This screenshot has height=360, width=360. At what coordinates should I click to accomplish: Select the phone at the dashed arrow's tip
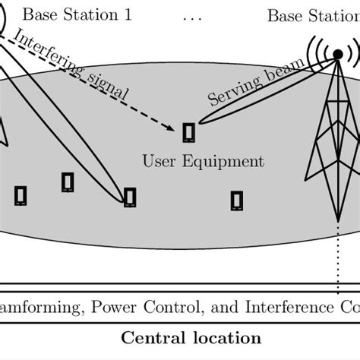[x=188, y=133]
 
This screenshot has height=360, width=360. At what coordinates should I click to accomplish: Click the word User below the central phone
[x=158, y=162]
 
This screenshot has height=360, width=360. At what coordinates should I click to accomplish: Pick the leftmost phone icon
[x=21, y=195]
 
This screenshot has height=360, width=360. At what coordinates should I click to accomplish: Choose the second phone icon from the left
[x=68, y=182]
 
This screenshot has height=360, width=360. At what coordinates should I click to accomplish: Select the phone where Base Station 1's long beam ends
[x=130, y=197]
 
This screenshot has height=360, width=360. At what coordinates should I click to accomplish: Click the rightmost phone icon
[x=237, y=201]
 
